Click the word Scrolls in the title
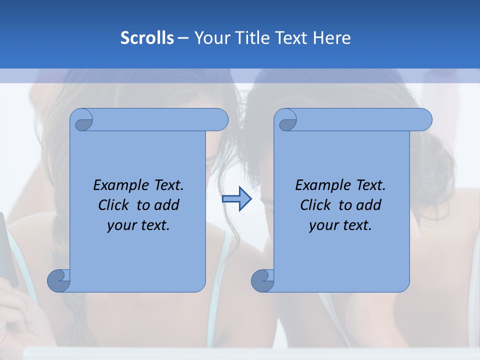pyautogui.click(x=147, y=38)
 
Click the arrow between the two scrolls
pyautogui.click(x=236, y=199)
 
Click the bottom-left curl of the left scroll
pyautogui.click(x=59, y=280)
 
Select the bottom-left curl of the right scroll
pyautogui.click(x=262, y=280)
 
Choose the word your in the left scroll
pyautogui.click(x=121, y=225)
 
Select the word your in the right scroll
pyautogui.click(x=323, y=225)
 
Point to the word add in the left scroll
pyautogui.click(x=167, y=205)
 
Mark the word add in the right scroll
pyautogui.click(x=369, y=205)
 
